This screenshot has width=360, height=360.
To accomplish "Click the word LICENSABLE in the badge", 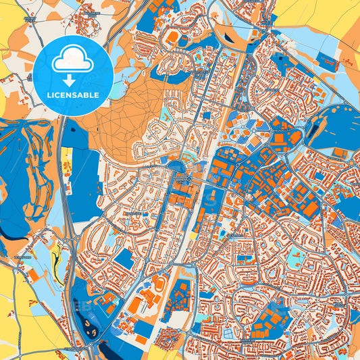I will (x=73, y=95).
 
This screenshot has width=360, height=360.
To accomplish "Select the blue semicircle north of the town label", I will (x=176, y=165).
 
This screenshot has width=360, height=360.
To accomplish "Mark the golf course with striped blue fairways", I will (x=27, y=176).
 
